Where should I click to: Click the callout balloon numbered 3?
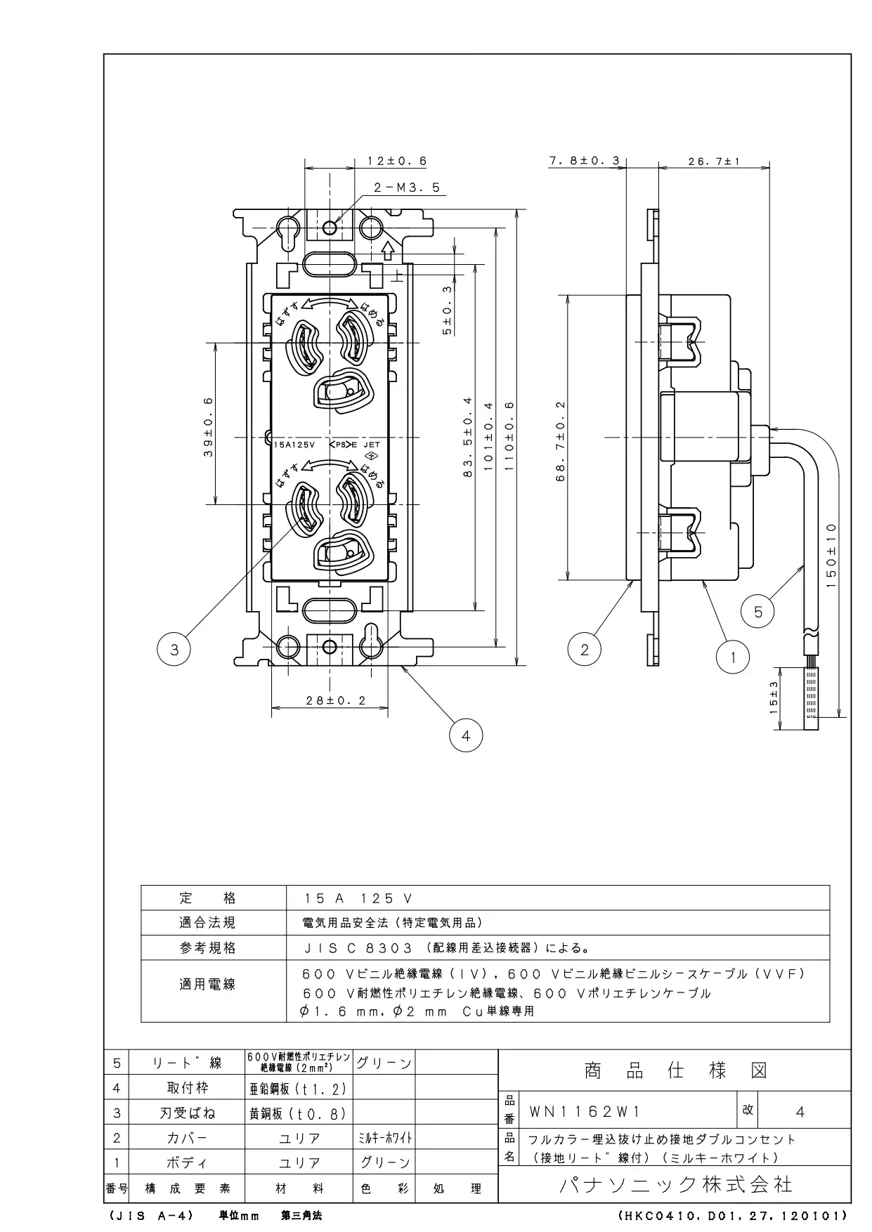click(x=174, y=650)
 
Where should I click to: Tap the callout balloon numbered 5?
click(x=758, y=612)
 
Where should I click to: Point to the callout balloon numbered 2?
click(x=585, y=650)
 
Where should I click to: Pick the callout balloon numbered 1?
click(x=733, y=657)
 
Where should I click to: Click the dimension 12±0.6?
click(x=397, y=161)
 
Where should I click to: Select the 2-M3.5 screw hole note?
click(x=407, y=188)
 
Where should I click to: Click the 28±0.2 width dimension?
click(x=336, y=700)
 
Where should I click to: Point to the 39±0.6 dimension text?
click(x=209, y=427)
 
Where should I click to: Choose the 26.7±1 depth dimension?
click(x=715, y=161)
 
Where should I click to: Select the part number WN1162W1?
click(x=585, y=1112)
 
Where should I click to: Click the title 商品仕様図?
click(x=675, y=1070)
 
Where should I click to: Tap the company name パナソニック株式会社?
click(x=676, y=1185)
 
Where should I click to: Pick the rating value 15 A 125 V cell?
click(x=358, y=898)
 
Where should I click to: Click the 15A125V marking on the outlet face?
click(x=295, y=445)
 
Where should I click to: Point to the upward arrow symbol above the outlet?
click(x=387, y=250)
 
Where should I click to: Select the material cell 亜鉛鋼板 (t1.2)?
click(x=299, y=1089)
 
